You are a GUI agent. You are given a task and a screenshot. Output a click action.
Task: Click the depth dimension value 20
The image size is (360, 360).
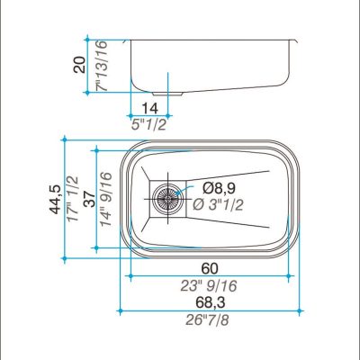pos(80,65)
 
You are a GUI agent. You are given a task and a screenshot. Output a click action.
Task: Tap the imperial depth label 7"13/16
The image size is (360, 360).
pos(102,66)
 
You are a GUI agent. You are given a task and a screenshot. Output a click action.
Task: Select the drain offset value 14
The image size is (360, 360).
pos(149,108)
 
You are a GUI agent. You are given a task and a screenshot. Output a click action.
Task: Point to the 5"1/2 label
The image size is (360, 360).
pos(148,124)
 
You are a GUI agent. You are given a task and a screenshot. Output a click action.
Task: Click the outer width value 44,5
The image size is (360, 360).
pos(56,199)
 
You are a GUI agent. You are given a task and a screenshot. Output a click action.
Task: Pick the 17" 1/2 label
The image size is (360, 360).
pos(73,199)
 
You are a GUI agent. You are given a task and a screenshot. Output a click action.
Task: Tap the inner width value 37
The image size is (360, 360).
pos(89,199)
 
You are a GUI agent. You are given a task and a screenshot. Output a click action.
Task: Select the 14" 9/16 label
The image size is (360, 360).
pos(106,199)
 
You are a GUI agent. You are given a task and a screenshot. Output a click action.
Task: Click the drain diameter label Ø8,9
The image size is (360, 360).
pos(219,188)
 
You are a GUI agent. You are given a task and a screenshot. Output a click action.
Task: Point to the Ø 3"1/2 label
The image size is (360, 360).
pos(218,205)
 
